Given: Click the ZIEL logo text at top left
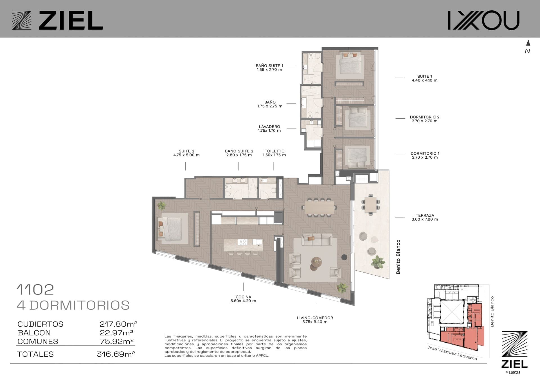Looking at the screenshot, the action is click(71, 20).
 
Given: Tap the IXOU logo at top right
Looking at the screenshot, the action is click(483, 20).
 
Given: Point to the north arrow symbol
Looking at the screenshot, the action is click(528, 43).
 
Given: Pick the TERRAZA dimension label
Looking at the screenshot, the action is click(425, 217).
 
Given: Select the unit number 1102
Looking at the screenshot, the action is click(35, 289).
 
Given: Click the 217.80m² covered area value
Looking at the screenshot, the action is click(118, 324).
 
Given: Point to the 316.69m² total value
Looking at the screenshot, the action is click(116, 354).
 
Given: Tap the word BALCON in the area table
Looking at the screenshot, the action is click(34, 333).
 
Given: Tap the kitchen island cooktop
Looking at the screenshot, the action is click(242, 242).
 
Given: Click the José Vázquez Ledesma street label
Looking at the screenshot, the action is click(452, 353).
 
